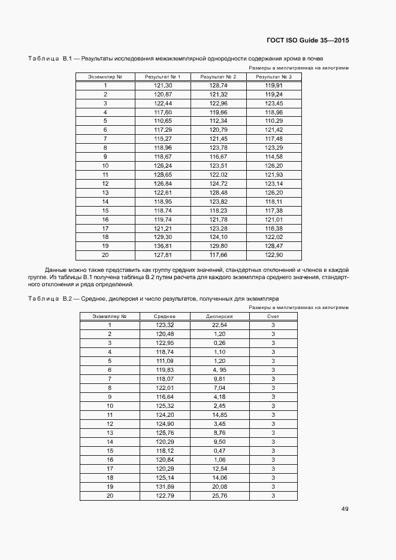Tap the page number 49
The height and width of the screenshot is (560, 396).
coord(345,509)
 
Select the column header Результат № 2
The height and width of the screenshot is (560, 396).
coord(218,77)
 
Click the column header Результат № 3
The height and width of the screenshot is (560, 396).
coord(274,77)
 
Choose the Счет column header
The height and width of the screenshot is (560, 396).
coord(273,316)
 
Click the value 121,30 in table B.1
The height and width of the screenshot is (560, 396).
coord(163,86)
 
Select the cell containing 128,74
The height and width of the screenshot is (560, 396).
coord(218,86)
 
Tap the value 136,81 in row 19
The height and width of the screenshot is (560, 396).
coord(163,246)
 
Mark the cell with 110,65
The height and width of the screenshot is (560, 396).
coord(163,121)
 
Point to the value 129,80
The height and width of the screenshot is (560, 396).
coord(218,246)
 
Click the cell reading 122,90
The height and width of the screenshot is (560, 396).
coord(274,255)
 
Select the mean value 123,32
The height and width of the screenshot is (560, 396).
coord(164,325)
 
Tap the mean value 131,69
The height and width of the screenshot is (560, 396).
coord(164,487)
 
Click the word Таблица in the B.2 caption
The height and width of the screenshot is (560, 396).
coord(42,298)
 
